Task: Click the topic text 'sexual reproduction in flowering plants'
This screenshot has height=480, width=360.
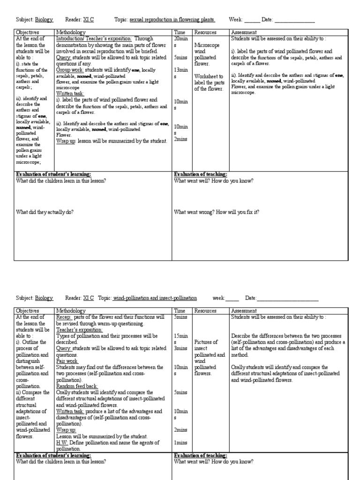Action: [x=172, y=20]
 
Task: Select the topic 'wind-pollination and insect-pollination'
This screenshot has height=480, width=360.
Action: [x=155, y=298]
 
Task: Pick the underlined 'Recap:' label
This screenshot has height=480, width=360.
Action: [x=64, y=317]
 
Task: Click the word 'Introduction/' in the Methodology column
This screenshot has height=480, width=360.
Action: [x=71, y=38]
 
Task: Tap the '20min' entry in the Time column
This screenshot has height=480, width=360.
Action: [x=181, y=38]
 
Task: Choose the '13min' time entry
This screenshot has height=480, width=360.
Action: [x=181, y=70]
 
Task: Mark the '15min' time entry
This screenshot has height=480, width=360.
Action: [x=181, y=336]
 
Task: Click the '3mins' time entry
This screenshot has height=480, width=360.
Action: [x=180, y=348]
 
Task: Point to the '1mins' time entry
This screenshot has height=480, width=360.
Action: [x=180, y=442]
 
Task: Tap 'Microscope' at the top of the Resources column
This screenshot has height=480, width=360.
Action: [x=207, y=45]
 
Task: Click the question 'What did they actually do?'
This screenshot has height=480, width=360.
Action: [x=45, y=212]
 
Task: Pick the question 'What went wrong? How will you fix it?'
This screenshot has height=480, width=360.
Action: [x=217, y=212]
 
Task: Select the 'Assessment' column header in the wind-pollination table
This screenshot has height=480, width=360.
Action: [x=244, y=311]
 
